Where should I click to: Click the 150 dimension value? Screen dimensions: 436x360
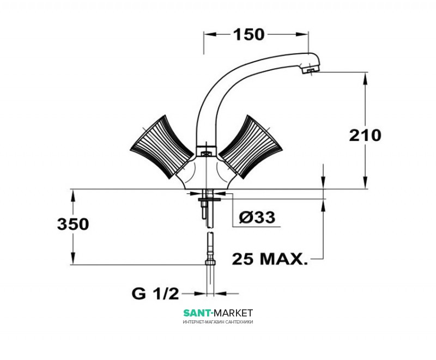tap(249, 34)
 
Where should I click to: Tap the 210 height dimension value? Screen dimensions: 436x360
tap(365, 136)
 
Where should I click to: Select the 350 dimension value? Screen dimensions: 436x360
tap(73, 224)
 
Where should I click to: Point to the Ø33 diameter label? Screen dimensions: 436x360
tap(257, 217)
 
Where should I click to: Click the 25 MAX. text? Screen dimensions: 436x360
tap(270, 259)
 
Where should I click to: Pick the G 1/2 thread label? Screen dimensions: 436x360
tap(155, 294)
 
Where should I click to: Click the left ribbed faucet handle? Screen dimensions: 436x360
tap(162, 147)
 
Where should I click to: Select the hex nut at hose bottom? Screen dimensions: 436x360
tap(211, 261)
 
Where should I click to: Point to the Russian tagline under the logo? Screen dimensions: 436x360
tap(218, 322)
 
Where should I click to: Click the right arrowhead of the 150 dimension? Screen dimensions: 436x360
tap(302, 34)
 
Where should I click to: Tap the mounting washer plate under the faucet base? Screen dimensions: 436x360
tap(209, 199)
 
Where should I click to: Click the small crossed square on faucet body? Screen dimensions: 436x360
tap(206, 153)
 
